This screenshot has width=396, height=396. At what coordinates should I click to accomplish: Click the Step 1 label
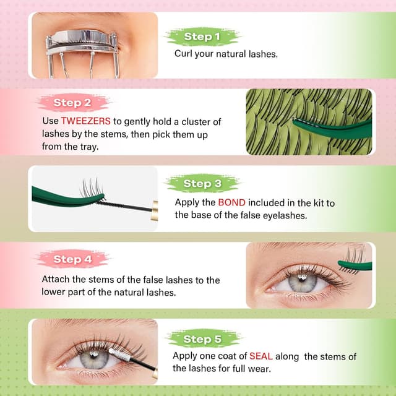[202, 37]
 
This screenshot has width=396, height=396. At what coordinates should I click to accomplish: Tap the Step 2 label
[72, 103]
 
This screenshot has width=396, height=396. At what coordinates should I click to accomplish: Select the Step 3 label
[202, 184]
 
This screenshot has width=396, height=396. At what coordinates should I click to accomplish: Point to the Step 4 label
[72, 259]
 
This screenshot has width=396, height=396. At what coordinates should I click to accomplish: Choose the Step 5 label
[202, 339]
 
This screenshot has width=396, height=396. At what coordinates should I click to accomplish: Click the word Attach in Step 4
[56, 280]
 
